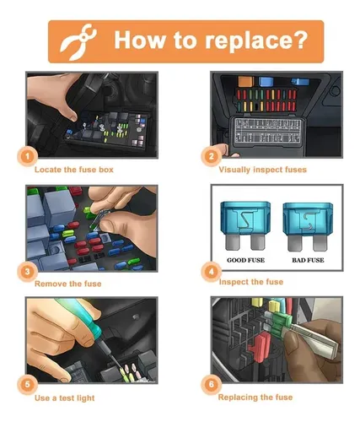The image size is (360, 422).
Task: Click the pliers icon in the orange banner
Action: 78,41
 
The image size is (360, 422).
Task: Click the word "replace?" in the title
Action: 256,41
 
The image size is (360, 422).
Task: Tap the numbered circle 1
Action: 27,156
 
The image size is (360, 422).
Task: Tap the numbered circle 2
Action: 211,156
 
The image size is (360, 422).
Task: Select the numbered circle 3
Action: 27,272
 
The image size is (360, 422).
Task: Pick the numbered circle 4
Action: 211,272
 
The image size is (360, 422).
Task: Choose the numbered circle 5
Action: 27,384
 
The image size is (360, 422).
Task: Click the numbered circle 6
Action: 211,384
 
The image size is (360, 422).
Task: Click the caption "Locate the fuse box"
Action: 74,170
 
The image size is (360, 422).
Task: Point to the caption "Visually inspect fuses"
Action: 262,170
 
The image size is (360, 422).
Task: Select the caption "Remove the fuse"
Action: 67,284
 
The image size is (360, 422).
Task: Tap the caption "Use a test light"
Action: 64,398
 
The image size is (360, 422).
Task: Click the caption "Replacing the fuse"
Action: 255,398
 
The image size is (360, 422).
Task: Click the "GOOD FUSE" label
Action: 245,260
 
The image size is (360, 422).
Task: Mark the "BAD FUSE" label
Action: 308,260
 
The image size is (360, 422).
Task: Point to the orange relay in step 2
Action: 246,81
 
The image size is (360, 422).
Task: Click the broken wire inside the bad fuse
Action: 307,220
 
